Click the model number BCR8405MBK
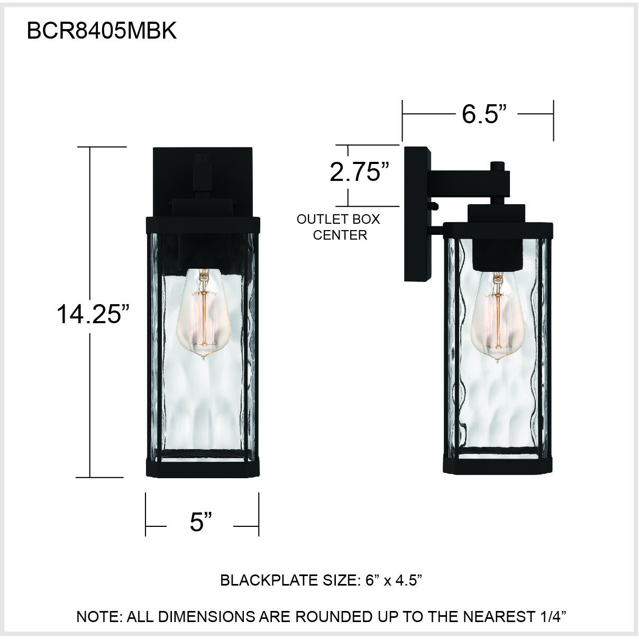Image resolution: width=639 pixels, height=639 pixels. [x=102, y=32]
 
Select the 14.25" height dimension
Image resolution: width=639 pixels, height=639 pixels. [x=93, y=314]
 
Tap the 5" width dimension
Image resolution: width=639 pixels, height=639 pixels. [x=201, y=522]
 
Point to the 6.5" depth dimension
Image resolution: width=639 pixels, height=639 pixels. [x=484, y=114]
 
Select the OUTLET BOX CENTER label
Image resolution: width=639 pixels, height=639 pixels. [x=339, y=227]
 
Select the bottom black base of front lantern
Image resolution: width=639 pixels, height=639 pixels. [x=203, y=468]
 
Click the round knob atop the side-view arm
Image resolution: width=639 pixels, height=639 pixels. [x=497, y=166]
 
